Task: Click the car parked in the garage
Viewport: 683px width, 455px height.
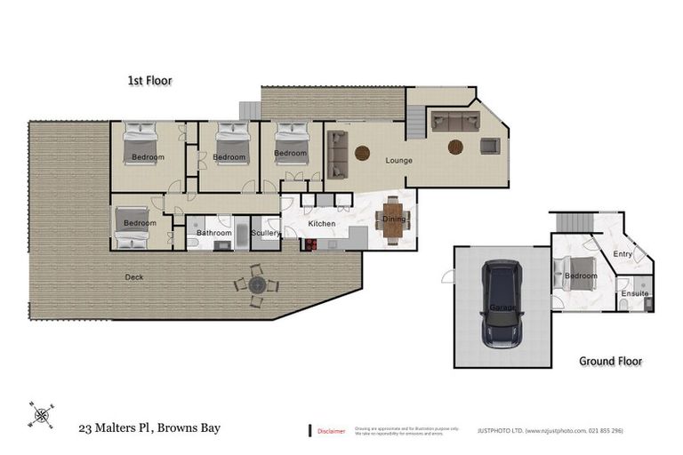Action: [502, 304]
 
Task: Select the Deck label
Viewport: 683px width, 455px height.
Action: [134, 276]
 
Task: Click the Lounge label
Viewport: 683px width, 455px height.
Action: [398, 161]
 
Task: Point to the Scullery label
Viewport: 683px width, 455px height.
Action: [266, 233]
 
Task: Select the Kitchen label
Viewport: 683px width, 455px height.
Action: [322, 223]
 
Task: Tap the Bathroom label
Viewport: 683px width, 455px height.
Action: [213, 233]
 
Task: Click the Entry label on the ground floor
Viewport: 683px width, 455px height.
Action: [623, 254]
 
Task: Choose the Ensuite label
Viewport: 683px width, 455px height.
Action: [635, 292]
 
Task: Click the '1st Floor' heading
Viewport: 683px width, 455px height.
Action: [149, 81]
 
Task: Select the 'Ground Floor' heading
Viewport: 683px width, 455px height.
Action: [610, 361]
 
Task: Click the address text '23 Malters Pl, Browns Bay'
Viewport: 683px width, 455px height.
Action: [149, 428]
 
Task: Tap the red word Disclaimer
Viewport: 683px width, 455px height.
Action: [331, 430]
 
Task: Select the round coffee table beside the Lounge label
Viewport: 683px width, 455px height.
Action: [362, 153]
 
